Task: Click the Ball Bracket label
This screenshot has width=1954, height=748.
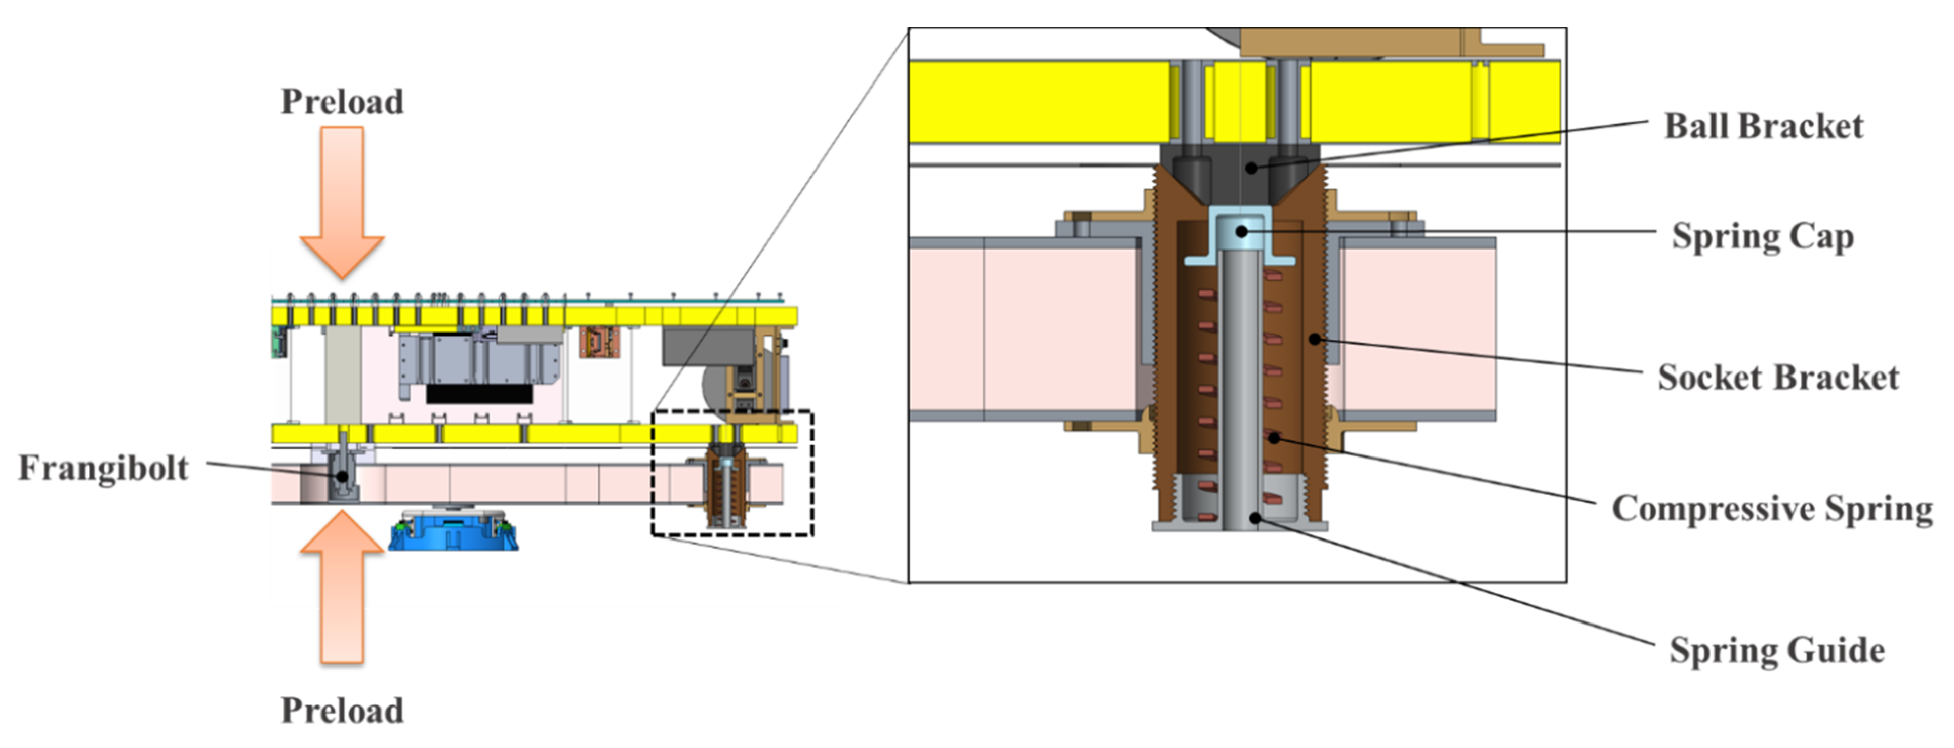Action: [1764, 126]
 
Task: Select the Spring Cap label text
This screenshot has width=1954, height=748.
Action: [1763, 237]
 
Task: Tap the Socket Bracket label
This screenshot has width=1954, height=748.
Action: [1778, 377]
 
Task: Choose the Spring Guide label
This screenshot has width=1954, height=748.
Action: [1776, 651]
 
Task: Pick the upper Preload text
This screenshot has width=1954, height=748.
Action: [342, 102]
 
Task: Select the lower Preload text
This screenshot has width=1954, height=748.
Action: [342, 711]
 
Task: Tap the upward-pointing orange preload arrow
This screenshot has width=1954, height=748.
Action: [342, 587]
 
